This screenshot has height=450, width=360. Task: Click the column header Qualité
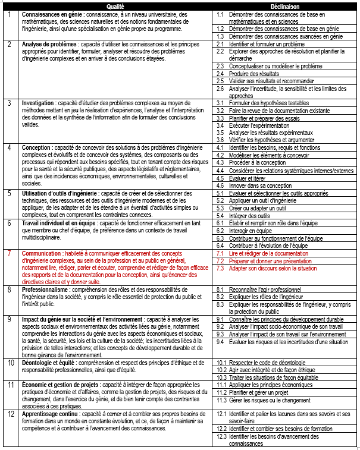[115, 6]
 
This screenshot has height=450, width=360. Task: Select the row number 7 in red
[9, 253]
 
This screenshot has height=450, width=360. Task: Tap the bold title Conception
[37, 147]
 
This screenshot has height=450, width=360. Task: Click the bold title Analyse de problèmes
[49, 44]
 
